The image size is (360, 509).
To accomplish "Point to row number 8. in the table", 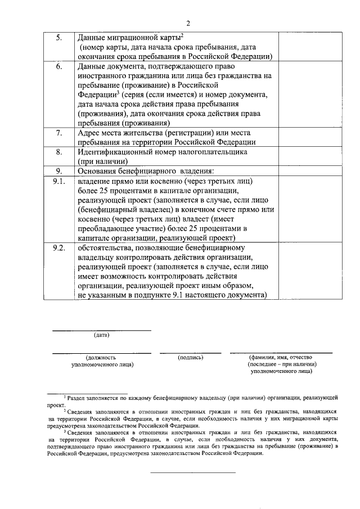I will coord(60,152).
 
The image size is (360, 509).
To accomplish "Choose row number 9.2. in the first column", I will coord(59,247).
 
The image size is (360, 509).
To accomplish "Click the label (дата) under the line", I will coord(101,335).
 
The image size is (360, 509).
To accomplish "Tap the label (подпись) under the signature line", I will coord(190,357).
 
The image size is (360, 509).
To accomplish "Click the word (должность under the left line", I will coord(101,357).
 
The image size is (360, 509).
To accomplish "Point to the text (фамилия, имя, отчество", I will coord(280,357).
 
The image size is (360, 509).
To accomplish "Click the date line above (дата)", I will coord(101,330).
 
